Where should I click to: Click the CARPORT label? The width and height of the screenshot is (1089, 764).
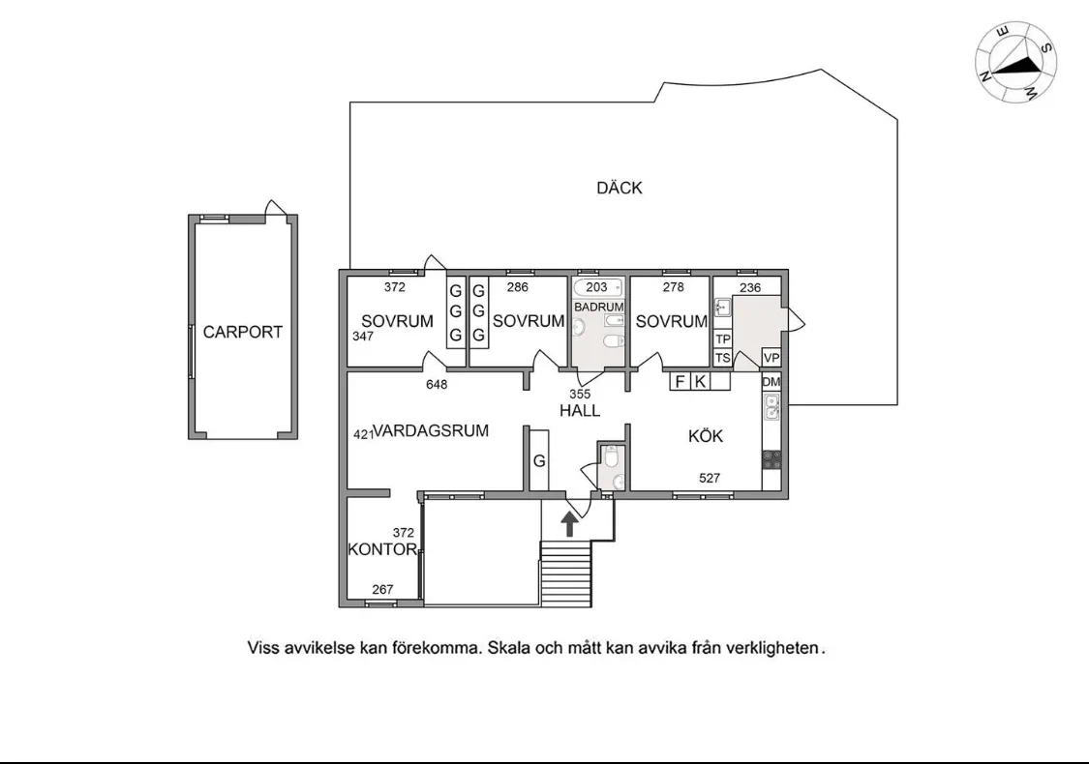[242, 332]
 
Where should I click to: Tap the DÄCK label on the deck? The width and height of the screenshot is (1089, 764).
[620, 188]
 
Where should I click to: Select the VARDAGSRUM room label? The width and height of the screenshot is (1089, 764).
[431, 430]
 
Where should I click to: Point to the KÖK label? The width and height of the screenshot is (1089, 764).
[706, 436]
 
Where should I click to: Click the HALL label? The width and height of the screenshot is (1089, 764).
[580, 411]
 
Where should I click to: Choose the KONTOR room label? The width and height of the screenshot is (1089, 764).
[382, 549]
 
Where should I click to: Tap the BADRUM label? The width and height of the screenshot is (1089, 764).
[598, 307]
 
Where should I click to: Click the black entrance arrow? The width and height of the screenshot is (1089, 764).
[569, 524]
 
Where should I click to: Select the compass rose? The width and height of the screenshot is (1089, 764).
[1016, 62]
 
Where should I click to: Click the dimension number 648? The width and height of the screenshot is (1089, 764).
[437, 385]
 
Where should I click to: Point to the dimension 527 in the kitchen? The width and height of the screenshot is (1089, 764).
[710, 478]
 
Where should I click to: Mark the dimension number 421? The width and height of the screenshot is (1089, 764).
[363, 434]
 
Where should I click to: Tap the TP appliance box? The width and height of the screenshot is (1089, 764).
[723, 338]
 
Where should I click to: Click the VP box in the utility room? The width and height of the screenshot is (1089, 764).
[771, 358]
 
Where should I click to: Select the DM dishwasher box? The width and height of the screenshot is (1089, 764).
[771, 382]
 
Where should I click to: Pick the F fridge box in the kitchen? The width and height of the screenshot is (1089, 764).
[681, 381]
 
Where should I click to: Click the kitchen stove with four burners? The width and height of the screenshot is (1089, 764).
[771, 460]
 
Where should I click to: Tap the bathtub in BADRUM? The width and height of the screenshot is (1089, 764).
[597, 287]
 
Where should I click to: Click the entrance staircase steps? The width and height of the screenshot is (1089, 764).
[566, 574]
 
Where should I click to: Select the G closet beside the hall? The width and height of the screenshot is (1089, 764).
[539, 460]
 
